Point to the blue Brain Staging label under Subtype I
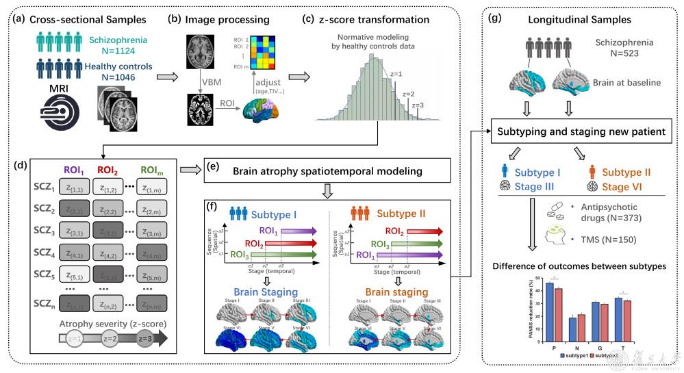point(264,292)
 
